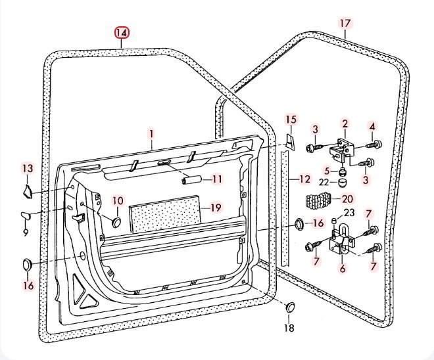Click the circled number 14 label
[x=122, y=32]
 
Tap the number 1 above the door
[x=151, y=133]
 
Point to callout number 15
[x=291, y=119]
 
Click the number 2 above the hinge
[x=344, y=124]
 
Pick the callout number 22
[x=324, y=182]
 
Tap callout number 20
[x=348, y=198]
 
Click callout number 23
[x=349, y=213]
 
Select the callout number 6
[x=342, y=268]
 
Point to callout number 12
[x=304, y=179]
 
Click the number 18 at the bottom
[x=289, y=328]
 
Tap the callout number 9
[x=26, y=232]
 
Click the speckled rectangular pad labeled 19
[x=164, y=217]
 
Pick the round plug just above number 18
[x=289, y=307]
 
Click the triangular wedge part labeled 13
[x=27, y=191]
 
